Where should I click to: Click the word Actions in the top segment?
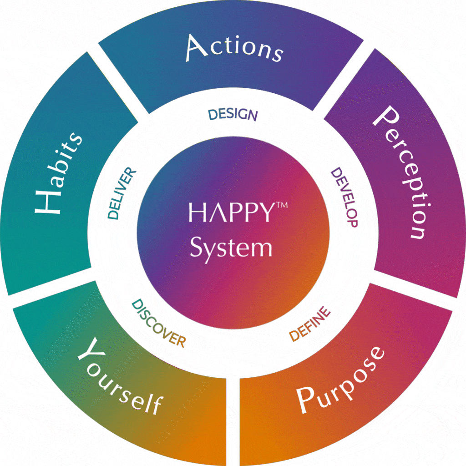pyautogui.click(x=234, y=49)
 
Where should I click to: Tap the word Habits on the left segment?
pyautogui.click(x=58, y=173)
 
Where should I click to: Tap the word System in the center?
pyautogui.click(x=231, y=248)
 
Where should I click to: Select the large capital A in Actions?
pyautogui.click(x=197, y=48)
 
